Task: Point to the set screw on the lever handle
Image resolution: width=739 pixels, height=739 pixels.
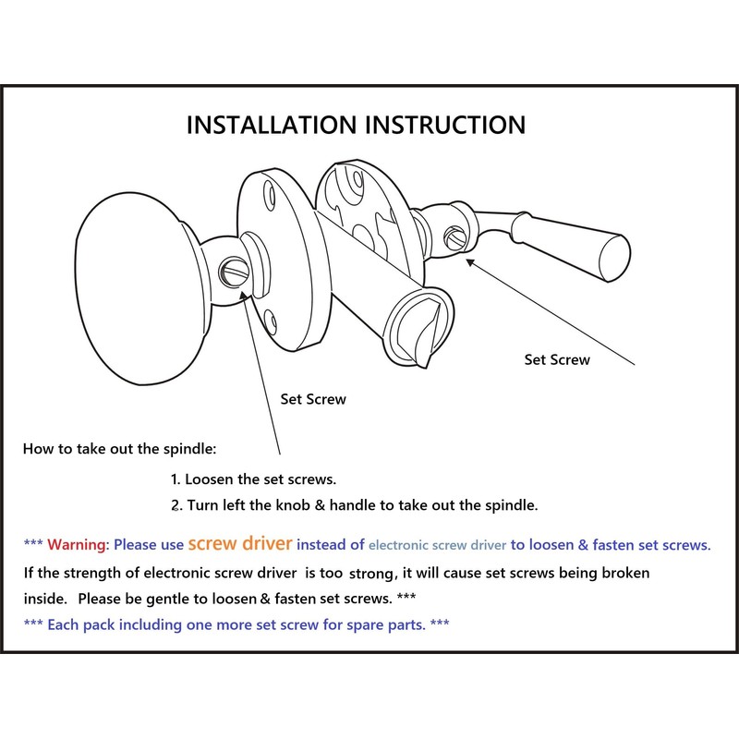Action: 454,235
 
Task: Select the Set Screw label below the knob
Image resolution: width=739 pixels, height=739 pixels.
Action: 313,400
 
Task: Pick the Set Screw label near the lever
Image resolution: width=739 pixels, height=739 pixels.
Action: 557,359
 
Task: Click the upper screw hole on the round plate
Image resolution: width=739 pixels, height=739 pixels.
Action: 269,197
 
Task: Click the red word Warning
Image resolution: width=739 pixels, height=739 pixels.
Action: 78,545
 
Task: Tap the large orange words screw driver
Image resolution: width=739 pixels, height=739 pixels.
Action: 240,543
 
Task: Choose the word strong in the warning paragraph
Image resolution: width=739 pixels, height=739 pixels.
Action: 371,575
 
